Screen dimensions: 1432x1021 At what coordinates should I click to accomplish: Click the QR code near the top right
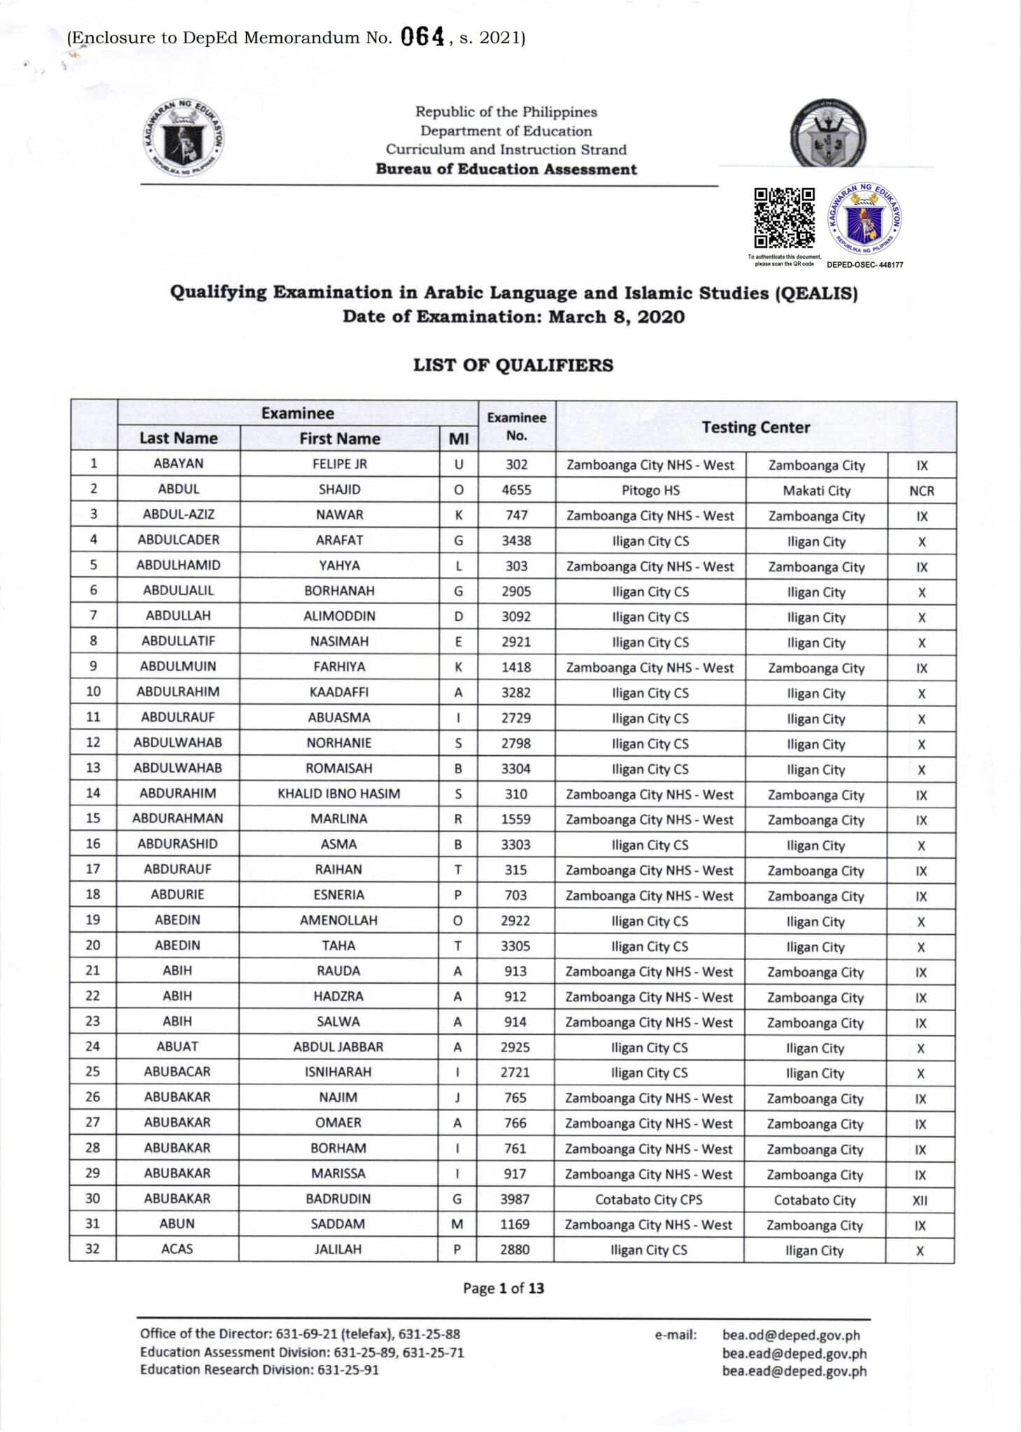(x=784, y=218)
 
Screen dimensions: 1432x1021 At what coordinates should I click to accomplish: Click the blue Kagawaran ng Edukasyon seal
(x=865, y=221)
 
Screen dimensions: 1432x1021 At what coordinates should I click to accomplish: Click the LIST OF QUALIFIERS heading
(x=513, y=365)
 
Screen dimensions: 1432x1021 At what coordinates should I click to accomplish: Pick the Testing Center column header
(x=755, y=427)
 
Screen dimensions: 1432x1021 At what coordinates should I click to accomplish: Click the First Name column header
(x=339, y=438)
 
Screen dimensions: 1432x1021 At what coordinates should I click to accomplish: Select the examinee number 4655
(x=516, y=490)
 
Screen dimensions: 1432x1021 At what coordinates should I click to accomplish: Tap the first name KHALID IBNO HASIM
(x=338, y=794)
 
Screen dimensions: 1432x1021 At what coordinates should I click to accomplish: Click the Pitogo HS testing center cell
(x=650, y=490)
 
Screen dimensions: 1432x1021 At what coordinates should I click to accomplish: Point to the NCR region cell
(x=921, y=491)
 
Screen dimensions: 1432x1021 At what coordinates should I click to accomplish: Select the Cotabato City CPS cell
(x=648, y=1199)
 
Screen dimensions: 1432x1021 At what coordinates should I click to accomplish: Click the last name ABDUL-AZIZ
(x=178, y=515)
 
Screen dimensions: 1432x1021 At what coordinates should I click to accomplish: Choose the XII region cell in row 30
(x=920, y=1200)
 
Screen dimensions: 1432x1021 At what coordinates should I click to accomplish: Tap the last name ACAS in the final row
(x=177, y=1249)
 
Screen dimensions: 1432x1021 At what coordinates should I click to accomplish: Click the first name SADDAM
(x=338, y=1224)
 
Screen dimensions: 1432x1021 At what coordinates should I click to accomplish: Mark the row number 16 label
(x=93, y=843)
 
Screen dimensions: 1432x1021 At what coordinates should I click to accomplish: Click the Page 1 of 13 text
(x=503, y=1288)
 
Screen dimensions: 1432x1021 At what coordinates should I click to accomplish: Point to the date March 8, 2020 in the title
(x=616, y=317)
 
